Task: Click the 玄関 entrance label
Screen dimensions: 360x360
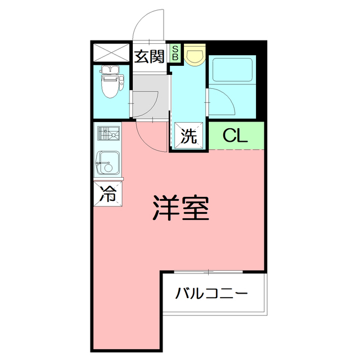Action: pyautogui.click(x=149, y=56)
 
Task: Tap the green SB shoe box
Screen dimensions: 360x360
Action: pyautogui.click(x=175, y=53)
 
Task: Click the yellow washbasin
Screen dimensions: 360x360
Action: pyautogui.click(x=195, y=55)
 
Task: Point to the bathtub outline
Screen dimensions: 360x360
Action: pyautogui.click(x=232, y=70)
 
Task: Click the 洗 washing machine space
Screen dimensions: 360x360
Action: pyautogui.click(x=189, y=136)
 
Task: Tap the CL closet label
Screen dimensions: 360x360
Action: pyautogui.click(x=235, y=136)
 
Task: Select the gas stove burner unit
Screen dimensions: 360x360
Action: pyautogui.click(x=109, y=133)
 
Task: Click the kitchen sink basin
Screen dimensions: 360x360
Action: pyautogui.click(x=107, y=163)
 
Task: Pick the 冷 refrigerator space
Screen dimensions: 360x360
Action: pyautogui.click(x=108, y=193)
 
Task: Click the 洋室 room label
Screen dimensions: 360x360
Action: pyautogui.click(x=181, y=208)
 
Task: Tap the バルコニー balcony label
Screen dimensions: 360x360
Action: pyautogui.click(x=211, y=293)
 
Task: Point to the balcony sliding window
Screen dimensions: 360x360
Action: pyautogui.click(x=208, y=272)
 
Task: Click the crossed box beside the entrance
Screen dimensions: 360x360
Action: pyautogui.click(x=111, y=53)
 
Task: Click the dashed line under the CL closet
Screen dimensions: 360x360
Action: pyautogui.click(x=236, y=150)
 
